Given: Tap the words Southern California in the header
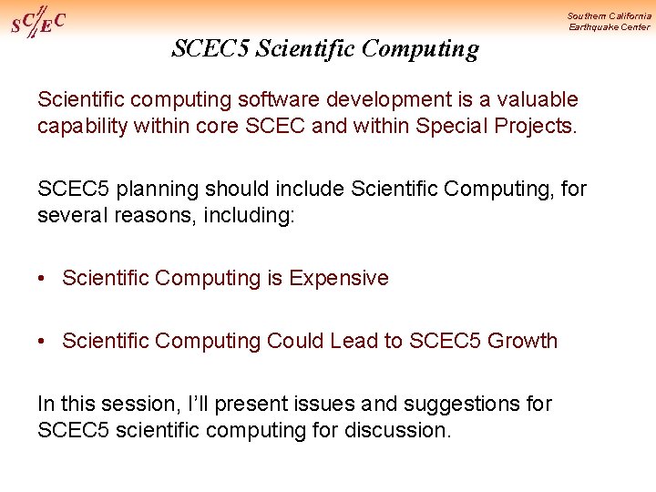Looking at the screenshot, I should tap(609, 15).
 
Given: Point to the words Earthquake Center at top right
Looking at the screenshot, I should tap(610, 27).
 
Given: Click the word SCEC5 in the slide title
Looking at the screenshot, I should tap(210, 49).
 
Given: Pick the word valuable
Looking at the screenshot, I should tap(533, 98).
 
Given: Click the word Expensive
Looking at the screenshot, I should tap(338, 278).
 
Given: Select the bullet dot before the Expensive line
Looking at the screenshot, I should tap(43, 279).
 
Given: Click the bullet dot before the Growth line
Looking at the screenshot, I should tap(43, 342).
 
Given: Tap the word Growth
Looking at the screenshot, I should tap(522, 341).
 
